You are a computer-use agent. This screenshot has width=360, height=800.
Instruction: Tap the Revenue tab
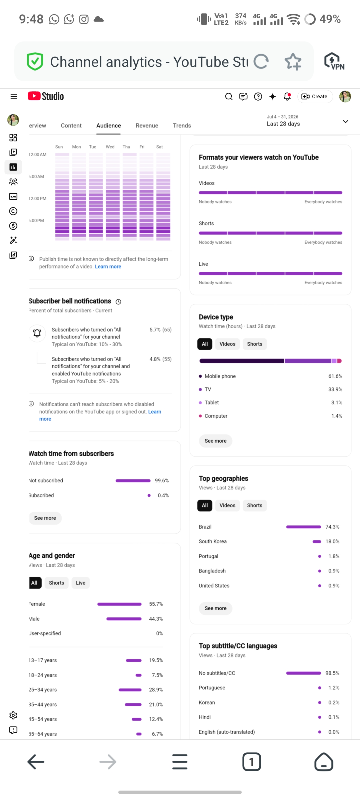(147, 125)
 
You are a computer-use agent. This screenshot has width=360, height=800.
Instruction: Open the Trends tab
(182, 125)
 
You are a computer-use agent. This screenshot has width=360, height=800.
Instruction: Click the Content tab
(71, 125)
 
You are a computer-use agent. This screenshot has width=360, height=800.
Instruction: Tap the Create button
(315, 97)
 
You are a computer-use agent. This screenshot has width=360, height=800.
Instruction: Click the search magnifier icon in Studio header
(229, 97)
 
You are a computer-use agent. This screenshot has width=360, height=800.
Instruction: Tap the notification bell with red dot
(287, 97)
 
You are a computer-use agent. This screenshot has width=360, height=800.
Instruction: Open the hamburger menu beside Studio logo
(14, 97)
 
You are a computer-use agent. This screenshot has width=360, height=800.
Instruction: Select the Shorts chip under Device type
(254, 344)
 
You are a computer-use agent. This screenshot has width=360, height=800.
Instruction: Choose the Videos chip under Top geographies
(227, 505)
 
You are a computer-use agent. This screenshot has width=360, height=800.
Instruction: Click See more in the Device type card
(215, 441)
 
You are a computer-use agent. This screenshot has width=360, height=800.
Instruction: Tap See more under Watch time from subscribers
(45, 518)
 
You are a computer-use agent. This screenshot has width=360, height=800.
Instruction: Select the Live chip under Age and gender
(81, 583)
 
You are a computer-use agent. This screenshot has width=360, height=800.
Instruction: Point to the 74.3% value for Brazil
(332, 527)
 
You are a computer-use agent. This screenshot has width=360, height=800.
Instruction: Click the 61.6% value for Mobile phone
(335, 376)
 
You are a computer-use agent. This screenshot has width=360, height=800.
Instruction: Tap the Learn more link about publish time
(108, 267)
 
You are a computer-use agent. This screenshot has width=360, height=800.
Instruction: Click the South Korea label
(213, 541)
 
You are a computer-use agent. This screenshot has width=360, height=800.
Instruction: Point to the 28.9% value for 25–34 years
(156, 689)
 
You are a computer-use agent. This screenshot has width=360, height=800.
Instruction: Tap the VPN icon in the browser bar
(334, 61)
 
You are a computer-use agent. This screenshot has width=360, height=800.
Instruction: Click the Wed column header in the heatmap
(110, 147)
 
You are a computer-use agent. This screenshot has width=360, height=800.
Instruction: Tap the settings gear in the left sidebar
(13, 715)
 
